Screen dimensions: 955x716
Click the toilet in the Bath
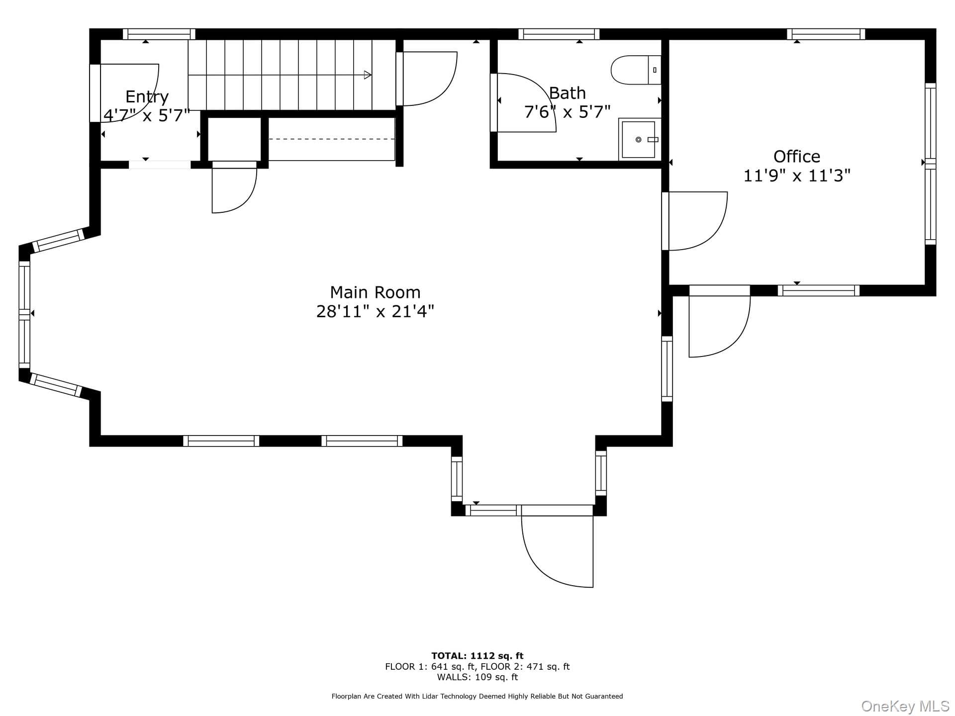(x=636, y=70)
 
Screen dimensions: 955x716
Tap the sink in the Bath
(x=639, y=140)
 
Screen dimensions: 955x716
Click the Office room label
(x=796, y=157)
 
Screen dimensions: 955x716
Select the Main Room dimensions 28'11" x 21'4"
(x=375, y=312)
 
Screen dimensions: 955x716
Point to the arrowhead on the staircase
(x=368, y=75)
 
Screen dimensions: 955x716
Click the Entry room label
(x=147, y=97)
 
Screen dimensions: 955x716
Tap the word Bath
(x=567, y=93)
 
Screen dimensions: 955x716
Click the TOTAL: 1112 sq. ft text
(x=477, y=656)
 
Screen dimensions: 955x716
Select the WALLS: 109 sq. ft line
(x=477, y=677)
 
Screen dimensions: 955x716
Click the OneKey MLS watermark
(x=905, y=706)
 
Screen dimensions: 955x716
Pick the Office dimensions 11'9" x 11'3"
(x=796, y=176)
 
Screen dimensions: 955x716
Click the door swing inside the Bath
(x=527, y=102)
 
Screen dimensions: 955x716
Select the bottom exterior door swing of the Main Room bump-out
(x=557, y=551)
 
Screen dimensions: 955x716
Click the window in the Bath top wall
(x=559, y=34)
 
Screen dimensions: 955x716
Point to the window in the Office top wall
(x=826, y=34)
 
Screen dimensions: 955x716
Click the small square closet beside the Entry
(x=234, y=139)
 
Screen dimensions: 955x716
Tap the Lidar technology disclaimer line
(x=477, y=697)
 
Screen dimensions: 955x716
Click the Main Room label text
(x=375, y=292)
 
